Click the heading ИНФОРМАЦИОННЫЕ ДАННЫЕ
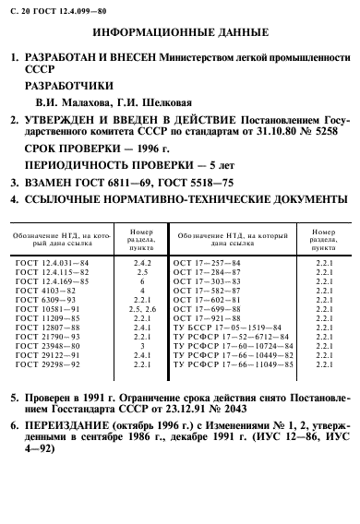click(179, 37)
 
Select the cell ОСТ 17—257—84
click(209, 263)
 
